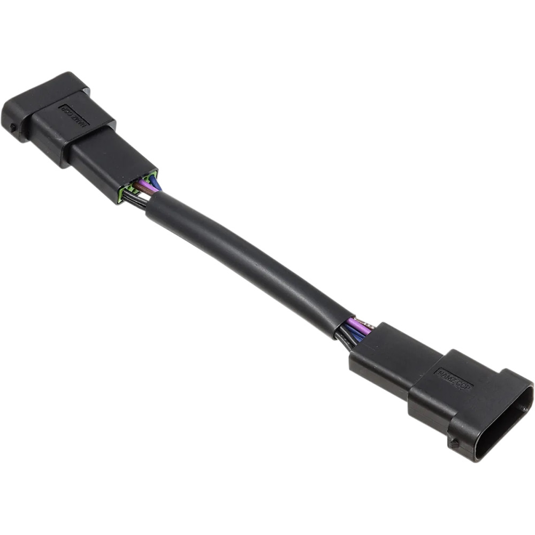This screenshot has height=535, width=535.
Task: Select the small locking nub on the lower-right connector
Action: (454, 443)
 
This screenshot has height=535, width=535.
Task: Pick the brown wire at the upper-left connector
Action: (140, 187)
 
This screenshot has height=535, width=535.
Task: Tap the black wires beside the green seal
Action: (135, 200)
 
